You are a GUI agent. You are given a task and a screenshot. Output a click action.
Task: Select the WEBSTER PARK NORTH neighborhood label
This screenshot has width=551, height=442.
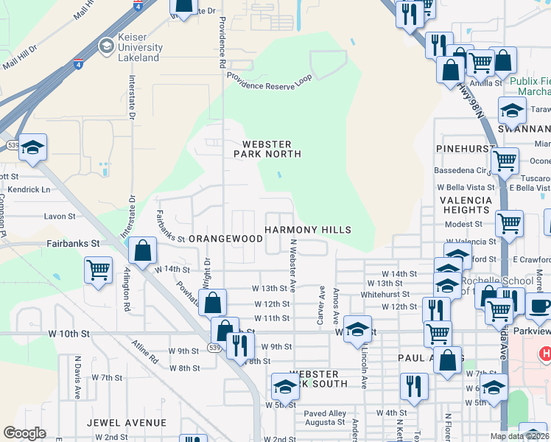267,149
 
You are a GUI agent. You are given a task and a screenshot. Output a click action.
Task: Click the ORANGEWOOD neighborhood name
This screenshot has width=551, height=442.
225,239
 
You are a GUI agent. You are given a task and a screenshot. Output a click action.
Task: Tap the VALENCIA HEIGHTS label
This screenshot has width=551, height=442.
466,205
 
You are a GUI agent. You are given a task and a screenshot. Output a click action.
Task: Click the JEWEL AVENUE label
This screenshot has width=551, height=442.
126,422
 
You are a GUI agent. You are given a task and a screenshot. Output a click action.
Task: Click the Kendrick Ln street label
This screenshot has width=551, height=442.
35,189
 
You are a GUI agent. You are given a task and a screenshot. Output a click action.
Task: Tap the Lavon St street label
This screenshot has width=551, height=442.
60,217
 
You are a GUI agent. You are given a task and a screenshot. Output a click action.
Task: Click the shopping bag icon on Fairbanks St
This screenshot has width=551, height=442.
143,250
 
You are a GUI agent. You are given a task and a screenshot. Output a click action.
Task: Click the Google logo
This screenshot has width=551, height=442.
25,433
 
